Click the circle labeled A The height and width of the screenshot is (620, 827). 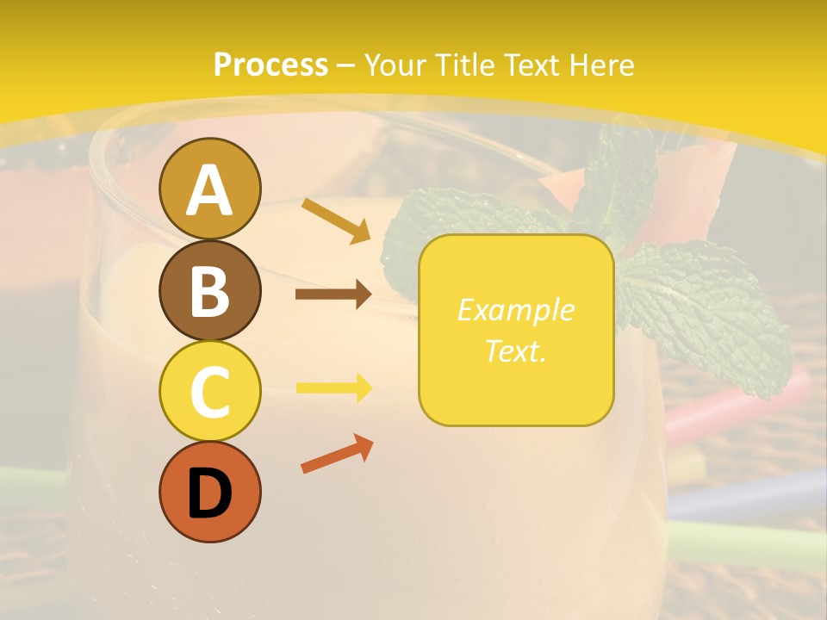[209, 189]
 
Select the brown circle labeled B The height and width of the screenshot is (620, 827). [209, 290]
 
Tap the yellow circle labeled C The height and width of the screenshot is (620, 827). [209, 391]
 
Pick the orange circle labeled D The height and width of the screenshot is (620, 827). [209, 492]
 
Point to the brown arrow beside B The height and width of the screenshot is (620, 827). [333, 294]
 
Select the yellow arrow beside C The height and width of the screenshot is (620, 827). [333, 387]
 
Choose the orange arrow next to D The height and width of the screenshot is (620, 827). [336, 453]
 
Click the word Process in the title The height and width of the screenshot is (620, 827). [270, 65]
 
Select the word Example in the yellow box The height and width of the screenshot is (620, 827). [515, 310]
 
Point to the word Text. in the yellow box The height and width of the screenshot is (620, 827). [515, 351]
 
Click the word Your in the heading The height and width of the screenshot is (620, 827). [397, 65]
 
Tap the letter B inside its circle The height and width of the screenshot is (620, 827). [209, 291]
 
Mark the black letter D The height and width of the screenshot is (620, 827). [209, 493]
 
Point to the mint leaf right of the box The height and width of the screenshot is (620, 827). [706, 310]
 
